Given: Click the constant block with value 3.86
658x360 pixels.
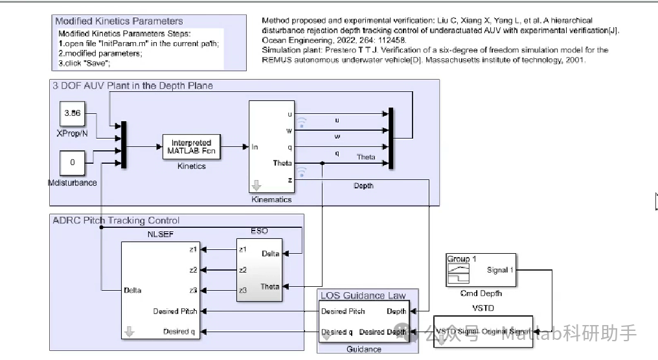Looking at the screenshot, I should pyautogui.click(x=72, y=114).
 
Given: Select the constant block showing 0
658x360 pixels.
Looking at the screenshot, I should pyautogui.click(x=72, y=163).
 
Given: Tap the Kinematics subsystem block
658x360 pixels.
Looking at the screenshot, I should pyautogui.click(x=271, y=147).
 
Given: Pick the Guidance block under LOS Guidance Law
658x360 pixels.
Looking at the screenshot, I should pyautogui.click(x=364, y=321).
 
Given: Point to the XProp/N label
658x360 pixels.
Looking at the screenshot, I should pyautogui.click(x=72, y=133).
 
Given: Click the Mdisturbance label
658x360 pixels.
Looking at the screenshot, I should pyautogui.click(x=72, y=183).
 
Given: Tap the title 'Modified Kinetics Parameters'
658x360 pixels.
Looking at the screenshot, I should pyautogui.click(x=119, y=21).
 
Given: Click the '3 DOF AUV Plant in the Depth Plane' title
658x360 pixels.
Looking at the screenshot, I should pyautogui.click(x=133, y=85).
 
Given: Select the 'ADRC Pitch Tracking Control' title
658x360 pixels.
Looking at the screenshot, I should pyautogui.click(x=116, y=220).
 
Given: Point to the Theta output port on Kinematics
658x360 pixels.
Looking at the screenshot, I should pyautogui.click(x=282, y=163).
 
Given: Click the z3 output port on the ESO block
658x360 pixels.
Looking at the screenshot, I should pyautogui.click(x=242, y=291).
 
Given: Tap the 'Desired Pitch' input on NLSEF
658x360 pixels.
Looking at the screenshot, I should pyautogui.click(x=175, y=311).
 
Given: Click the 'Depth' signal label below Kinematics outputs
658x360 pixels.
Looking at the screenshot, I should pyautogui.click(x=363, y=186).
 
